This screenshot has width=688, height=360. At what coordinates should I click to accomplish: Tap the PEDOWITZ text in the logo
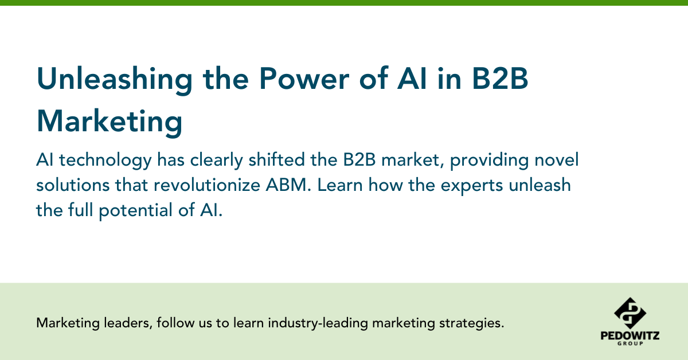pos(630,336)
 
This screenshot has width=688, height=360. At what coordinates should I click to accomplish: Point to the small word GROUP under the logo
pos(630,344)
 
